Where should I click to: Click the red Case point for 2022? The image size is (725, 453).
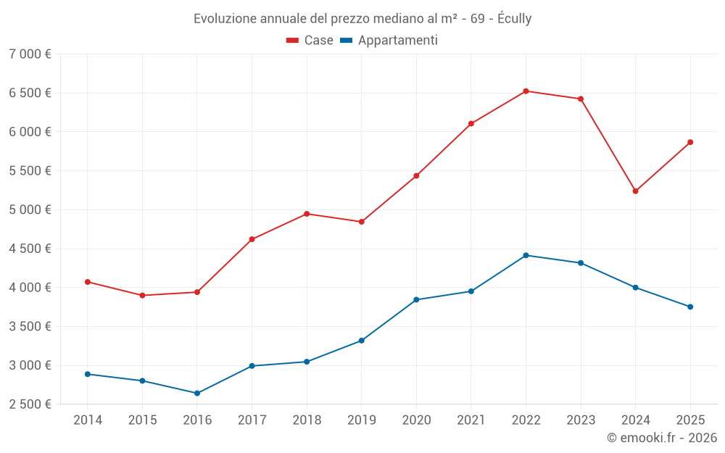coord(526,91)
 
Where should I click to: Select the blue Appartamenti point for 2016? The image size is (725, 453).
coord(197,394)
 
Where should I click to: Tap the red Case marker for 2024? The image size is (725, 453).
coord(636,191)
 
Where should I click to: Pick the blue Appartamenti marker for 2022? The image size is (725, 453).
coord(526,255)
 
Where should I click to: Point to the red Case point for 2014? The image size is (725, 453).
coord(88,282)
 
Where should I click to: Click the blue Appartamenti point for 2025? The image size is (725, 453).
coord(690,307)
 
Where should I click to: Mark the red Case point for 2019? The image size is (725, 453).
coord(362,222)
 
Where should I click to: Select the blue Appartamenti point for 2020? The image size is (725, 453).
coord(416,299)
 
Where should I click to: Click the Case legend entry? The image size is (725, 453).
coord(318,41)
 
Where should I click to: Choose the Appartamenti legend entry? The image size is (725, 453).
coord(397,41)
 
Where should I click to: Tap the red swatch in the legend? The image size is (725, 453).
coord(293,41)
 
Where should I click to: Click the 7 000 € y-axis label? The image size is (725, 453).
coord(30,54)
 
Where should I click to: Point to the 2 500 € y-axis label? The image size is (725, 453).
coord(30,404)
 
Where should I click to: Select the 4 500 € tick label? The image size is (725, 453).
coord(30,249)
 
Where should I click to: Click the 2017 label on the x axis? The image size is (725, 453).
coord(252,420)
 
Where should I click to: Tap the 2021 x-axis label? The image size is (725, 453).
coord(471,420)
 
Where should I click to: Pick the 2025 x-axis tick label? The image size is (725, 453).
coord(690,420)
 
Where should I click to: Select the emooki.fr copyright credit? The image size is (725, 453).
coord(662,438)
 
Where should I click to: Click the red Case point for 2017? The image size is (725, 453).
coord(252,239)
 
